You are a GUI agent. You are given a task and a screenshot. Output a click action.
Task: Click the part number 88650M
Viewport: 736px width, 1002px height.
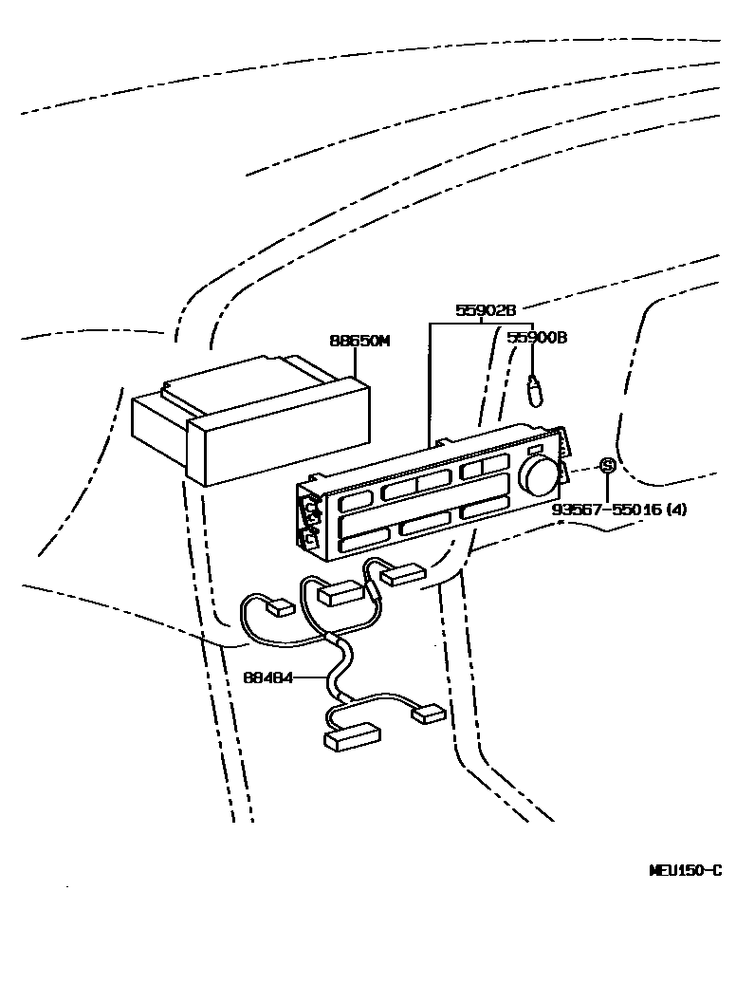(x=359, y=342)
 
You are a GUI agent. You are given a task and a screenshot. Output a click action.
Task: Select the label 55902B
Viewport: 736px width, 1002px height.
(x=485, y=310)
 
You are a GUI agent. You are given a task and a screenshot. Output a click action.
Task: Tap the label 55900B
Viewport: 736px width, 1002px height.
(x=536, y=337)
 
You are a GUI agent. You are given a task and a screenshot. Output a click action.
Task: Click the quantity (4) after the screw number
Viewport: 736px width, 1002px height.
(x=676, y=510)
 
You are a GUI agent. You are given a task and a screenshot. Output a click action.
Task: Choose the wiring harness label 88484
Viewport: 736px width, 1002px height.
(x=267, y=677)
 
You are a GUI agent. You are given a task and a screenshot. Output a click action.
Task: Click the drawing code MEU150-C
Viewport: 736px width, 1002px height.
(x=685, y=870)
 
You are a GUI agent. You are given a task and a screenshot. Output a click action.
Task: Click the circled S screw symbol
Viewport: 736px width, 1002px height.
(x=607, y=466)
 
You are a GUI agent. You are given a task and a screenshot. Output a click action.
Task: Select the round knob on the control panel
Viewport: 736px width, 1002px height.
(x=538, y=475)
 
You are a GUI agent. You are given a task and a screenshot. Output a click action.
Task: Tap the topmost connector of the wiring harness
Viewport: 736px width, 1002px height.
(x=401, y=572)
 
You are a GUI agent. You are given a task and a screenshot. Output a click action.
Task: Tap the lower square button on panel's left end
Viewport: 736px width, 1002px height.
(x=308, y=540)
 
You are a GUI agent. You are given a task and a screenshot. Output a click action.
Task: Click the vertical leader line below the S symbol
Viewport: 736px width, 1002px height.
(x=607, y=487)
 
